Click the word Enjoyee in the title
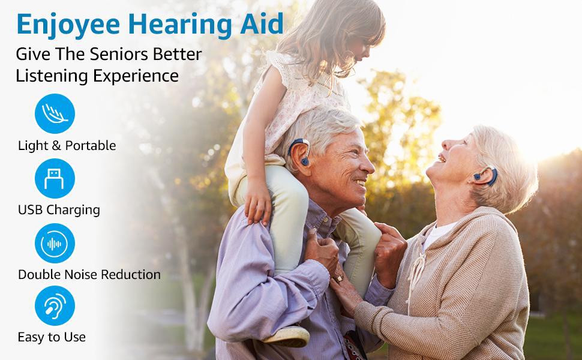click(68, 25)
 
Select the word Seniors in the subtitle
click(119, 54)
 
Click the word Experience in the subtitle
click(136, 76)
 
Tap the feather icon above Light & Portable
click(55, 113)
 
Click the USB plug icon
click(55, 179)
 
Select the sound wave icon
click(55, 244)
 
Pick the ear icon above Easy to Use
click(55, 306)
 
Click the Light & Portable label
click(67, 145)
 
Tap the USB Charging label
click(59, 210)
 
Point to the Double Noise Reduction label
click(89, 275)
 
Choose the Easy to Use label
click(52, 337)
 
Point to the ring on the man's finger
click(339, 278)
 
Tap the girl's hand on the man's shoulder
click(257, 203)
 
